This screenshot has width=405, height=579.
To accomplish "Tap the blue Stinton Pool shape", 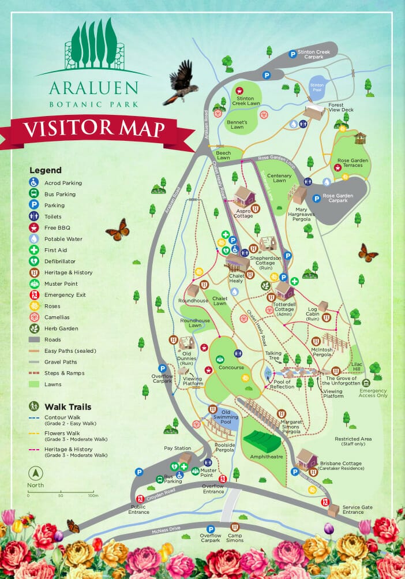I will (x=318, y=87).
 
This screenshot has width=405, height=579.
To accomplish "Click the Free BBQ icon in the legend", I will (x=34, y=227).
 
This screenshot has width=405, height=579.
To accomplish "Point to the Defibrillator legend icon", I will (x=34, y=261).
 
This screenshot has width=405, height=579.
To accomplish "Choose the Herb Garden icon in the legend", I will (x=34, y=328).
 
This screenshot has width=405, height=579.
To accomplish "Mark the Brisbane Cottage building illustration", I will (x=307, y=458).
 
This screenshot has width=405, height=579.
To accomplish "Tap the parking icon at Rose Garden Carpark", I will (x=316, y=199).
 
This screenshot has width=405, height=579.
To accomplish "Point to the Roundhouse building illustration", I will (x=193, y=290).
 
